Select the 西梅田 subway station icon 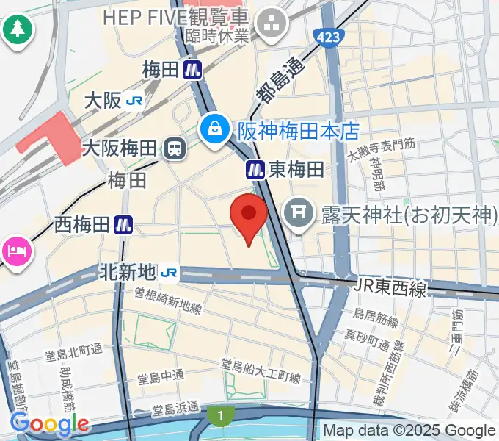(x=123, y=225)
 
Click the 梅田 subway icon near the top (x=194, y=70)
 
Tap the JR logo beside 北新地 (x=169, y=273)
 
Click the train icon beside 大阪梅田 (x=175, y=148)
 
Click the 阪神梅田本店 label (x=298, y=132)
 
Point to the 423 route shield (x=326, y=35)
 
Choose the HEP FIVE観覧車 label (x=175, y=16)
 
